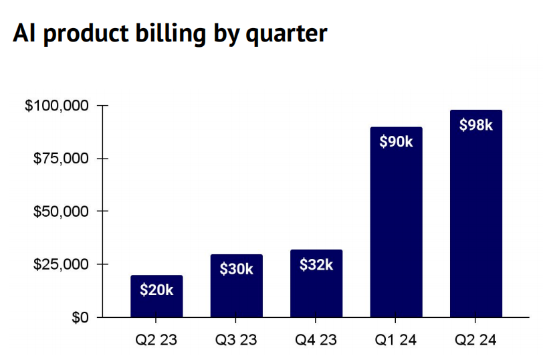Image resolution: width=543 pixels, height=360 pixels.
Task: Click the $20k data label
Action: [x=156, y=290]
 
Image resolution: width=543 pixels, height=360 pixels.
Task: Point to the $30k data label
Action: [x=236, y=269]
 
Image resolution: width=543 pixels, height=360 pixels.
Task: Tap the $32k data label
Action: [x=316, y=264]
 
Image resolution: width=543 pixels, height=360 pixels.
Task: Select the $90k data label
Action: [x=397, y=142]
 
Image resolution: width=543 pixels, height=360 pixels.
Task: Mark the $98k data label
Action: [x=476, y=124]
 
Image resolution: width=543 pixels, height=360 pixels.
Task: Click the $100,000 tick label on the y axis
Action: [x=57, y=106]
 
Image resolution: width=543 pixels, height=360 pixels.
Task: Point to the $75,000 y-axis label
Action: [x=60, y=159]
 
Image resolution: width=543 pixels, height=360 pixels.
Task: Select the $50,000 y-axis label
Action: [x=60, y=211]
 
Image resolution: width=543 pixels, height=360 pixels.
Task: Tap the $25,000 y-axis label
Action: [x=60, y=264]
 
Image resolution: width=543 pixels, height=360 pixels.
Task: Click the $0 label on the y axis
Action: [x=80, y=317]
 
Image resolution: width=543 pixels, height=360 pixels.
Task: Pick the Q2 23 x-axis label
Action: [x=156, y=340]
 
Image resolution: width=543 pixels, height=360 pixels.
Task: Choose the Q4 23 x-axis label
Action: [x=316, y=340]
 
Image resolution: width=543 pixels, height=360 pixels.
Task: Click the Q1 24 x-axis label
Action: [x=397, y=340]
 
